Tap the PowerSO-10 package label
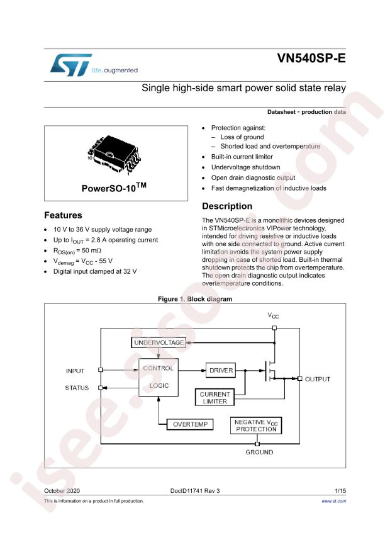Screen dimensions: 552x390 [x=115, y=188]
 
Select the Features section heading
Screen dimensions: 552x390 [x=63, y=215]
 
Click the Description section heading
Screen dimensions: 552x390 [x=227, y=206]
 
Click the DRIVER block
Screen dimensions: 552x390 [x=221, y=371]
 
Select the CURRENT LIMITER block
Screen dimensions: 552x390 [x=214, y=397]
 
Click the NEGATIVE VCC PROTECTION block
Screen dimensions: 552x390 [x=256, y=425]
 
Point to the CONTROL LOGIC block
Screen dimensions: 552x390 [x=158, y=376]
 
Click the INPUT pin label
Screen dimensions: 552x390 [x=75, y=371]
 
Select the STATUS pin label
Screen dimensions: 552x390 [x=77, y=388]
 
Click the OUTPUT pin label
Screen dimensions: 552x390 [x=318, y=379]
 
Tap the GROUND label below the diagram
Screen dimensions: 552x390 [x=259, y=452]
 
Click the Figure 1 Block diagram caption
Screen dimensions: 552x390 [x=195, y=300]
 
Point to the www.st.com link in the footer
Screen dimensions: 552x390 [x=334, y=501]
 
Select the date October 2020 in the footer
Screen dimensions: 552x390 [x=62, y=489]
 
